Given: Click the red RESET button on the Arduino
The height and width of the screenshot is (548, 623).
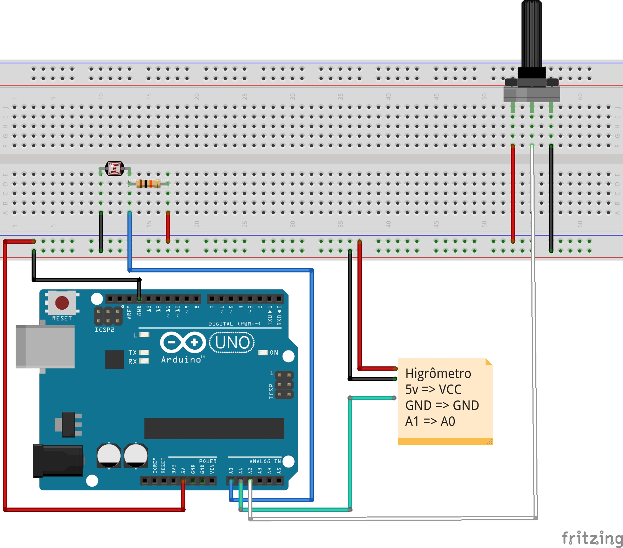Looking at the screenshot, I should (x=62, y=303).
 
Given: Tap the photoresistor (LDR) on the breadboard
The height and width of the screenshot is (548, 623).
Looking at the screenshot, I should (x=115, y=168).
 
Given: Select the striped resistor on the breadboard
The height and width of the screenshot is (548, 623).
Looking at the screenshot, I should (x=148, y=184).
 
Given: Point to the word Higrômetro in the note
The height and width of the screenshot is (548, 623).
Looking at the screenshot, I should (x=438, y=373).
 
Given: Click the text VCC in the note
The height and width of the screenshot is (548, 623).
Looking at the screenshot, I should (x=450, y=389).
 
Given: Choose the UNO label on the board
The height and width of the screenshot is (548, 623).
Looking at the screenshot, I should (x=232, y=343).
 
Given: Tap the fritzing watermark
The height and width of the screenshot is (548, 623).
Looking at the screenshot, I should (x=592, y=538).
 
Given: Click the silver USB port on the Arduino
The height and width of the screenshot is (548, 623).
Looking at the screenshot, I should (x=45, y=347).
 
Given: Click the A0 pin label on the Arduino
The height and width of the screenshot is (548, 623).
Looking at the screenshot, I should (x=231, y=471).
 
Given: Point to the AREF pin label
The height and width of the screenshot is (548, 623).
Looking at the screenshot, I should (x=130, y=312).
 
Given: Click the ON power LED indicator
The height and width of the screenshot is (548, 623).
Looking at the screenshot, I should (x=263, y=353).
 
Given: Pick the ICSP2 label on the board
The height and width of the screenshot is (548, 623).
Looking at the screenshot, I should (x=104, y=330).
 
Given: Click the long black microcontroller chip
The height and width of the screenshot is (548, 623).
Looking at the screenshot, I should (x=214, y=428).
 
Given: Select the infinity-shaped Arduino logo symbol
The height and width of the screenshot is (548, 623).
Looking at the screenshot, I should (x=183, y=342).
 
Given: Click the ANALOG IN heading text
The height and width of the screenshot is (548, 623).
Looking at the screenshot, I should (x=265, y=461).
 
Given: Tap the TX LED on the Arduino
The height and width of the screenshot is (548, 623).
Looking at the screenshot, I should (x=144, y=352).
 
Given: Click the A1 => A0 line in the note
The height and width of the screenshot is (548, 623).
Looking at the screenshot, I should (x=430, y=421).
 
